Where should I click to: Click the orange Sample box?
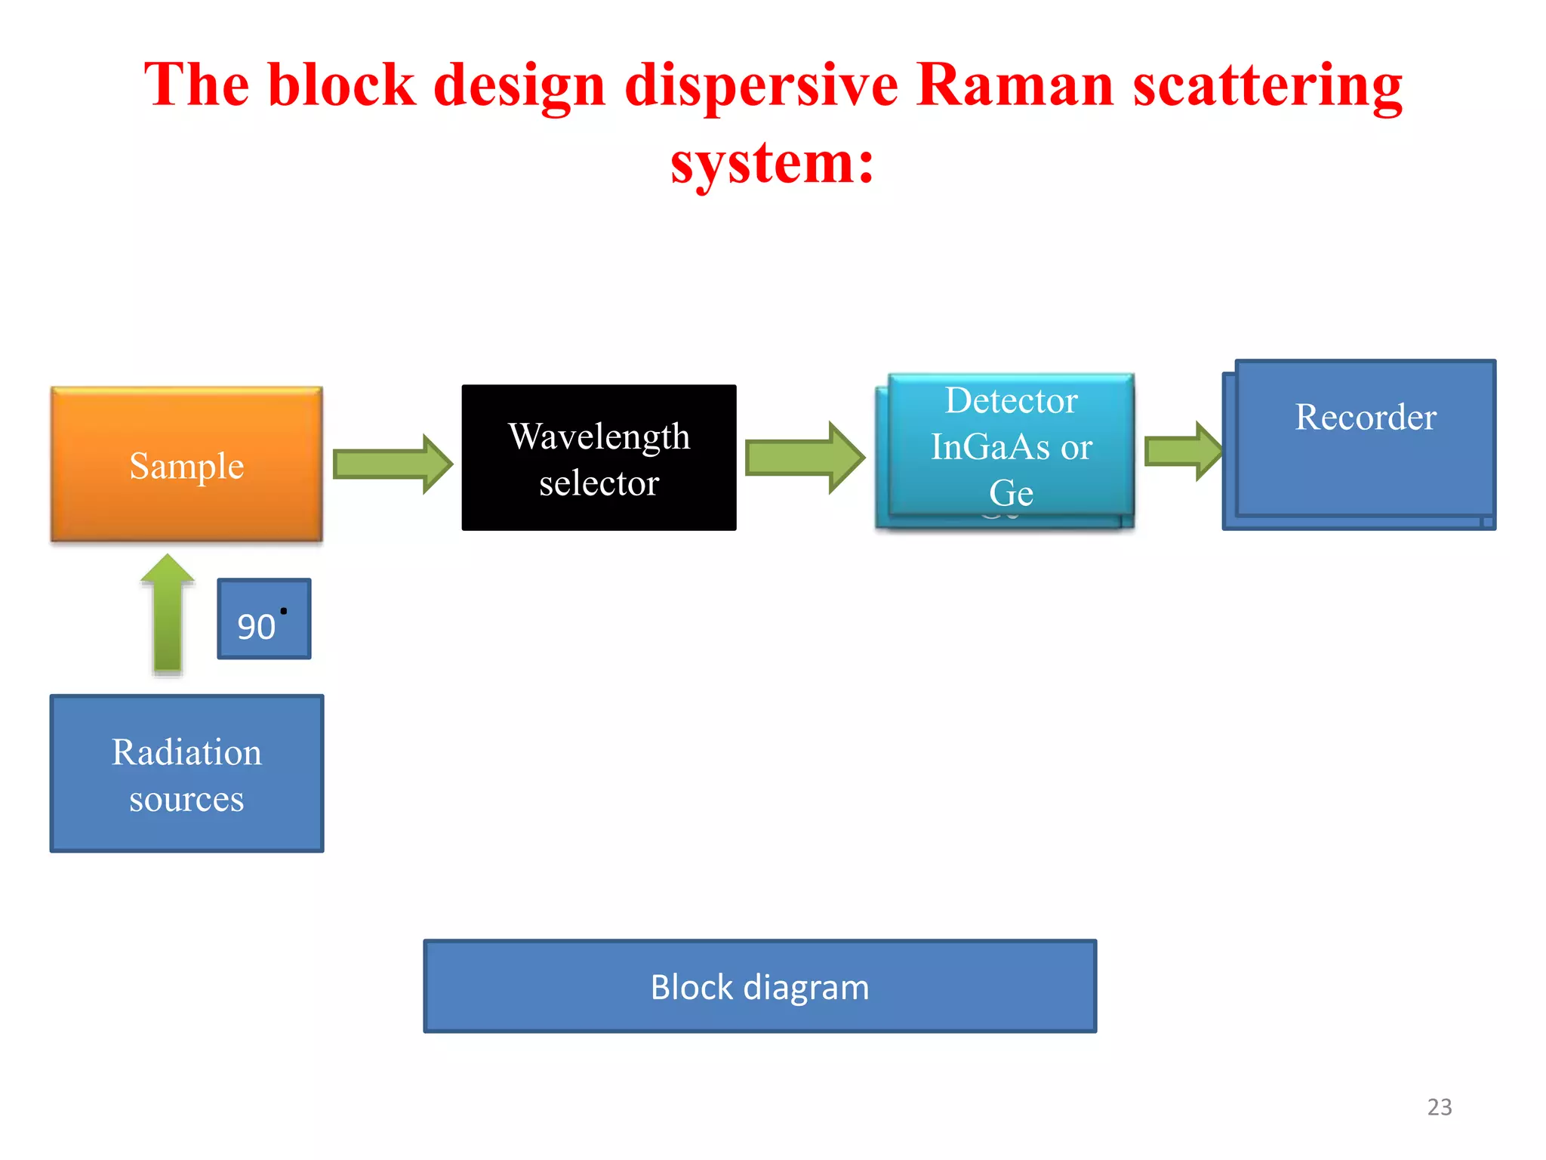tap(186, 464)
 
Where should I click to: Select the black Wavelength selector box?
tap(599, 458)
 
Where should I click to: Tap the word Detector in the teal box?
tap(1011, 400)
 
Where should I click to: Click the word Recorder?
tap(1365, 417)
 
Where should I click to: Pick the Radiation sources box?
tap(186, 773)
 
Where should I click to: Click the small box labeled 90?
tap(263, 619)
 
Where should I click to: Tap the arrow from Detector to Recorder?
tap(1182, 452)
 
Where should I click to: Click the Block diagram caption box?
tap(759, 986)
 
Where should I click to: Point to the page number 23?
tap(1439, 1107)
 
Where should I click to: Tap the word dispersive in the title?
tap(761, 85)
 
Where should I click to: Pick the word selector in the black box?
tap(599, 483)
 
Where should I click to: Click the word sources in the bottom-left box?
tap(186, 799)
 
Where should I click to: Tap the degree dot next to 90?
tap(284, 611)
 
